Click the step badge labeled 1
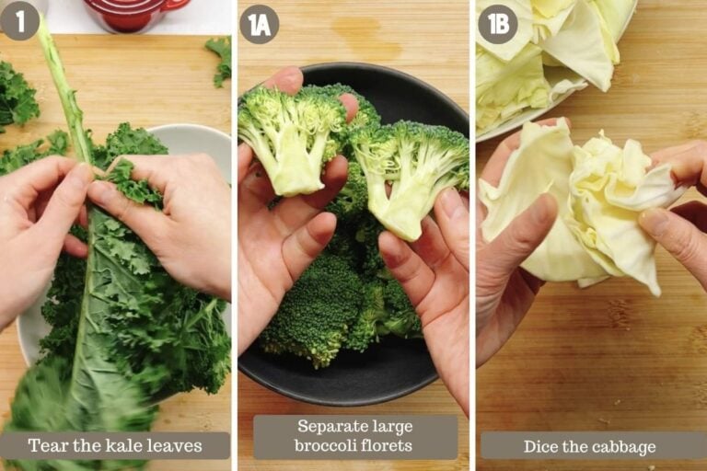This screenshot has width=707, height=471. (19, 21)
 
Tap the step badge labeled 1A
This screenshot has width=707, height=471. (259, 24)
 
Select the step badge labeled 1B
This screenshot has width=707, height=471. (498, 24)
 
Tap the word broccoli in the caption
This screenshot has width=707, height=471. (325, 446)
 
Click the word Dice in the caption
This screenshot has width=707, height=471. (539, 447)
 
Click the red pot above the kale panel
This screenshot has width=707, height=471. (135, 14)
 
